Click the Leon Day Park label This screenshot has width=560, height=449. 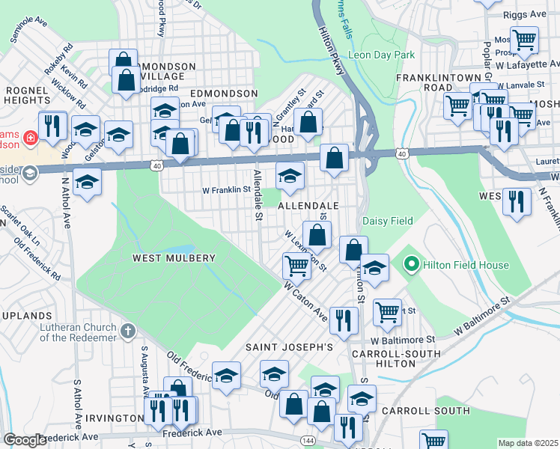[383, 55]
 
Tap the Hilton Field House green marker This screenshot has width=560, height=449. [410, 264]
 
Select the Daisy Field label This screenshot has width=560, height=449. [388, 221]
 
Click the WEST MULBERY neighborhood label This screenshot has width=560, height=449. [174, 258]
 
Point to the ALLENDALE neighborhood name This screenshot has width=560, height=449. [308, 205]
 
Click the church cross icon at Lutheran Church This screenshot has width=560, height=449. [128, 330]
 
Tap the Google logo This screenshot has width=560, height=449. [25, 440]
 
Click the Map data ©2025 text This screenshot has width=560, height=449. [528, 443]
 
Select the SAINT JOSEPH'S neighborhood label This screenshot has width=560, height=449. [289, 347]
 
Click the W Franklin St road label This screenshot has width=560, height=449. [226, 190]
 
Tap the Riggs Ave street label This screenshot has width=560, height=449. [529, 13]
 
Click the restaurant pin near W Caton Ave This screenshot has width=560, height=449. [344, 320]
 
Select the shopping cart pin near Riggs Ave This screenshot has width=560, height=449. [524, 39]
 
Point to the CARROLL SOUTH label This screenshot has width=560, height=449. [425, 411]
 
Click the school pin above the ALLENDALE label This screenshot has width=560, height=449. [290, 177]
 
